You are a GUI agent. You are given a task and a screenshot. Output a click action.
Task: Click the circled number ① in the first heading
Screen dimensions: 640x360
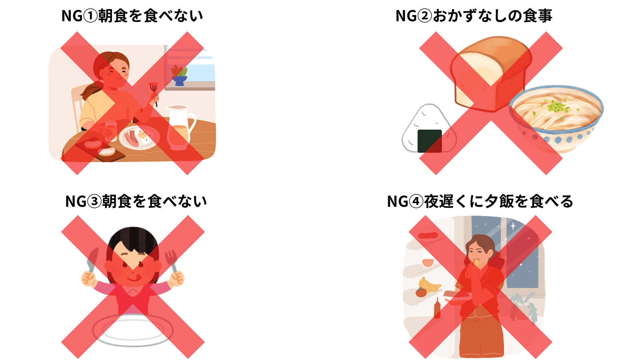click(90, 16)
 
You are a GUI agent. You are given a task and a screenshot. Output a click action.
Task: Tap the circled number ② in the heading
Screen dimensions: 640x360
click(425, 16)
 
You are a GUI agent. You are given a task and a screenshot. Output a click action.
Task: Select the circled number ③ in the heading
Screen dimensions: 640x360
click(94, 202)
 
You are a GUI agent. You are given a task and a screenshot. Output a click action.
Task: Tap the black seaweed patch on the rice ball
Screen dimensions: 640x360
click(430, 141)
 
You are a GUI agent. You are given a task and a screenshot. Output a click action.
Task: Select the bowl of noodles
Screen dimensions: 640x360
click(556, 118)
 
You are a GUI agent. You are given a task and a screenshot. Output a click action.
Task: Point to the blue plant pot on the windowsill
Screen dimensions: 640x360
click(179, 81)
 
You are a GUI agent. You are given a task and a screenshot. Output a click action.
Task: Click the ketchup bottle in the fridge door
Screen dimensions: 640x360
click(437, 308)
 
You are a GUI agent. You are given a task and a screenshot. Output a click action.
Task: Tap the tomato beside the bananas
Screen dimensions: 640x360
click(421, 292)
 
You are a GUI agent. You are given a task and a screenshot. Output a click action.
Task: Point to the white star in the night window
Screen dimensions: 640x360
click(513, 226)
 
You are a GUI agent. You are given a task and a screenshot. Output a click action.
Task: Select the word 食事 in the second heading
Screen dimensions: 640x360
click(538, 16)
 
